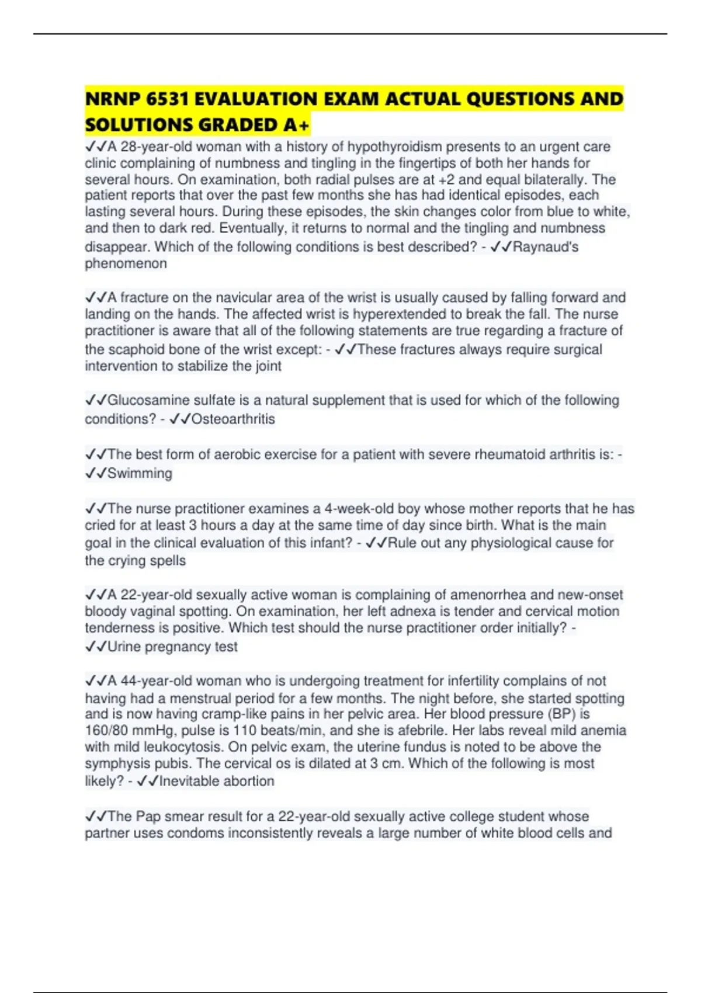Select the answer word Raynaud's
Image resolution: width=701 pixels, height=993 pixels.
546,247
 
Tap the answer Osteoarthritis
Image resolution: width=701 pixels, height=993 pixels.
233,419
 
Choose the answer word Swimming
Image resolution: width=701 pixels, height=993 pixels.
140,473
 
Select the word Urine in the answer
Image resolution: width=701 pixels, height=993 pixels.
124,647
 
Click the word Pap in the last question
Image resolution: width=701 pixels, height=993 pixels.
148,816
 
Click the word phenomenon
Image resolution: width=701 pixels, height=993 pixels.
126,263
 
